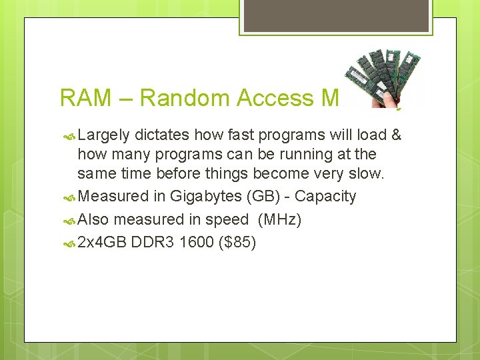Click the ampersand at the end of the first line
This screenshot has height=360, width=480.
(x=396, y=135)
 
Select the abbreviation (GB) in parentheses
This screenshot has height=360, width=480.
(x=261, y=197)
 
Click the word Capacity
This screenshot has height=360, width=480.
(x=325, y=197)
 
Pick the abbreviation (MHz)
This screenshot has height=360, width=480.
(x=279, y=219)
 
